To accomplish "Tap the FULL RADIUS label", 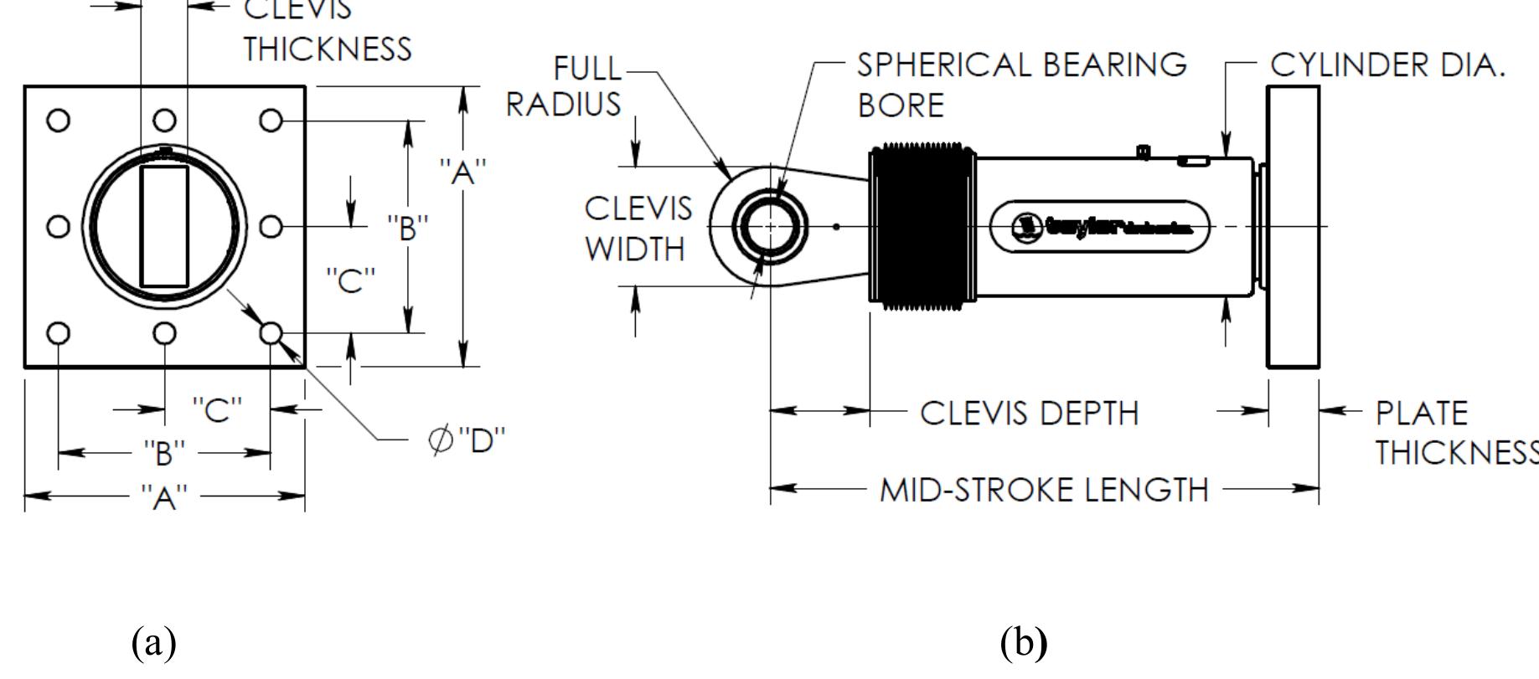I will coord(564,85).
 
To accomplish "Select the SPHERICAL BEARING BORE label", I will coord(1021,85).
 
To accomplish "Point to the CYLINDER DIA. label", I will coord(1387,64).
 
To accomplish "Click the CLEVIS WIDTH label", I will coord(638,229).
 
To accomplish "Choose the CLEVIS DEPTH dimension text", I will coord(1030,413).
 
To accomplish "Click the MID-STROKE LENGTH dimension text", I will coord(1044,490).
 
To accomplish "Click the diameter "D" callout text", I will coord(467,439).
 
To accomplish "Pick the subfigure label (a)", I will coord(154,642).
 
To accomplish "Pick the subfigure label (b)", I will coord(1023,642).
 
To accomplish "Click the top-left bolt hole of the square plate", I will coord(58,121).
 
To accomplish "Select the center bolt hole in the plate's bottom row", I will coord(165,334).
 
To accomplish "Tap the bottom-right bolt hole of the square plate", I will coord(271,333).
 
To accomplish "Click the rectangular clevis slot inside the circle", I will coord(164,227).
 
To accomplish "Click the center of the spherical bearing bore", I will coord(770,227).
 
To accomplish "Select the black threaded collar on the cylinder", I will coord(922,226).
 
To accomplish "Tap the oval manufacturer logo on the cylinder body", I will coord(1100,226).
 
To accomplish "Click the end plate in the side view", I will coord(1293,227).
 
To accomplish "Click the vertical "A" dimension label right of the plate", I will coord(462,172).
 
